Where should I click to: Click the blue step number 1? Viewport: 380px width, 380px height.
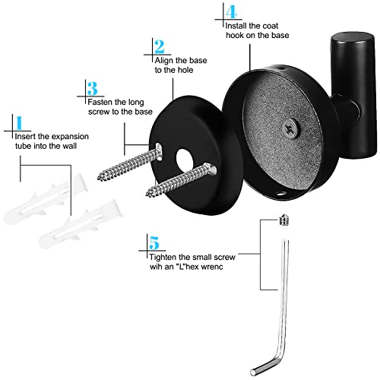[x=19, y=123]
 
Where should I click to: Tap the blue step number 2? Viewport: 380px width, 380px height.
[x=160, y=46]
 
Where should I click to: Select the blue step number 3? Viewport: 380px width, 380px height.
[x=92, y=88]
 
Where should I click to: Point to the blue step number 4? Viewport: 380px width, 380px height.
[x=231, y=12]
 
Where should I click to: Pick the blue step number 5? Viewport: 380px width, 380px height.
[x=154, y=242]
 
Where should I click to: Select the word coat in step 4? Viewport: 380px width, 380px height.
[x=269, y=26]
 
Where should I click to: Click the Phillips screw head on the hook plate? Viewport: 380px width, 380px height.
[x=290, y=128]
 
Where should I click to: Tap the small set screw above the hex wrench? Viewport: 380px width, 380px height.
[x=284, y=220]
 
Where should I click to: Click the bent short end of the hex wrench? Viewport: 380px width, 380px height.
[x=264, y=366]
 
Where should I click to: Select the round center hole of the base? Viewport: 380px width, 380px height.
[x=185, y=161]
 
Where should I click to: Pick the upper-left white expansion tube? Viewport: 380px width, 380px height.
[x=46, y=199]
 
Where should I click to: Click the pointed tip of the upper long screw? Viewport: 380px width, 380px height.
[x=100, y=177]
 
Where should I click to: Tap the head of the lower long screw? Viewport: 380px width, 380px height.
[x=211, y=169]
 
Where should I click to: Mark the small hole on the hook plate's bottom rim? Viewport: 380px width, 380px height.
[x=280, y=195]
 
